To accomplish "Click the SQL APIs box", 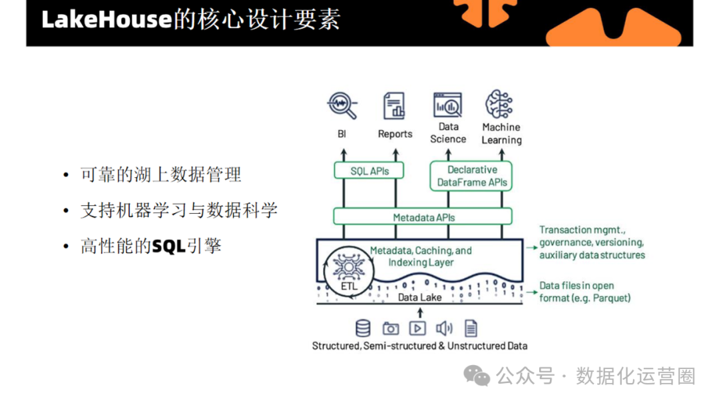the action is (369, 171).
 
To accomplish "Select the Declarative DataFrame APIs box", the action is (472, 176).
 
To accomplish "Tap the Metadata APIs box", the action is (423, 216).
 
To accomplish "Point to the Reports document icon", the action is (394, 106).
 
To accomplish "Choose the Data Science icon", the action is (448, 105).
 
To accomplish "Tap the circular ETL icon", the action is (346, 272).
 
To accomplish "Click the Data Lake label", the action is (419, 297).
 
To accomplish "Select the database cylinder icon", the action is (363, 328).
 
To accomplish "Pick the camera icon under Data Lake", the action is (390, 328).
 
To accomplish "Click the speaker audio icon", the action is (444, 328).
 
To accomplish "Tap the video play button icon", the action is (417, 328).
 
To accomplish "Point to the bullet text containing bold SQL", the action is (151, 246).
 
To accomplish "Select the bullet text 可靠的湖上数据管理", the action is (160, 175).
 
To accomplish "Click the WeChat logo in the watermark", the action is (477, 376).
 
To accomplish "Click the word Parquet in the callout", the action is (609, 298).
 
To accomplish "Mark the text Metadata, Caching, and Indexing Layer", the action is (421, 256).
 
